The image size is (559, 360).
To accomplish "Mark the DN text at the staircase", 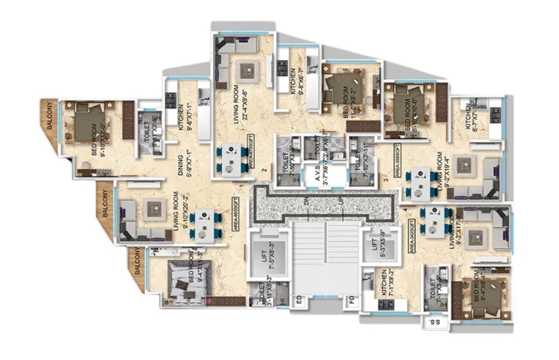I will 306,202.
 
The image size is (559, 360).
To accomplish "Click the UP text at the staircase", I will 341,202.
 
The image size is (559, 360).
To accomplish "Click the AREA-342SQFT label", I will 412,233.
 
